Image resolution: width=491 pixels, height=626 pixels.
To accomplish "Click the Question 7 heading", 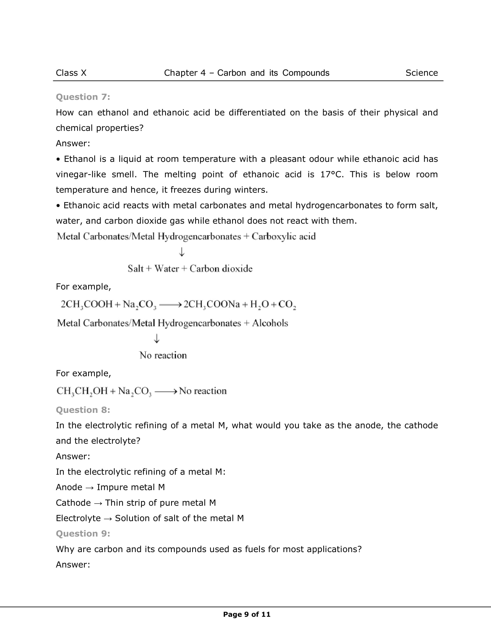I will coord(83,97).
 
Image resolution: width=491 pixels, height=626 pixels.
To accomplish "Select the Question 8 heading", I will coord(83,410).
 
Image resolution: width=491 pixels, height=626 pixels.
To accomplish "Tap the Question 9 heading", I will coord(83,533).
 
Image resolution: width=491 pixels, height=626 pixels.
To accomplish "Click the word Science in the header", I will coord(421,73).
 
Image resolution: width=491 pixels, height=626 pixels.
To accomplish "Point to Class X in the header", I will coord(71,73).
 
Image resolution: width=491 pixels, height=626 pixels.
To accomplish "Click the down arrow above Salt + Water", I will coord(182,252).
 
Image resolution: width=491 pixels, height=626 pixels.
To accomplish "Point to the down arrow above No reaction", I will coord(156,339).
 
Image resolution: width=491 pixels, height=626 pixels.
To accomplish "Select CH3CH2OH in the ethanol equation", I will coord(82,391).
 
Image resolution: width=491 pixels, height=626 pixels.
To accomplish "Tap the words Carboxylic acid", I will coord(284,236).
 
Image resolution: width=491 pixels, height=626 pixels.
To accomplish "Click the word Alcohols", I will coord(270,323).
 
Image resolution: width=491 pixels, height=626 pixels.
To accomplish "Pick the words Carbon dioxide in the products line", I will coord(221,269).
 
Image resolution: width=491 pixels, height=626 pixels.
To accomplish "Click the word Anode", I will coord(69,487).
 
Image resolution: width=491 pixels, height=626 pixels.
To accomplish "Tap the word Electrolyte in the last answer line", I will coord(78,518).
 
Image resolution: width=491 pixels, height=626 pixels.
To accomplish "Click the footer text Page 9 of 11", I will coord(247,614).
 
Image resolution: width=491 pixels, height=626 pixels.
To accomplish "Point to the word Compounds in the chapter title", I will coord(306,73).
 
